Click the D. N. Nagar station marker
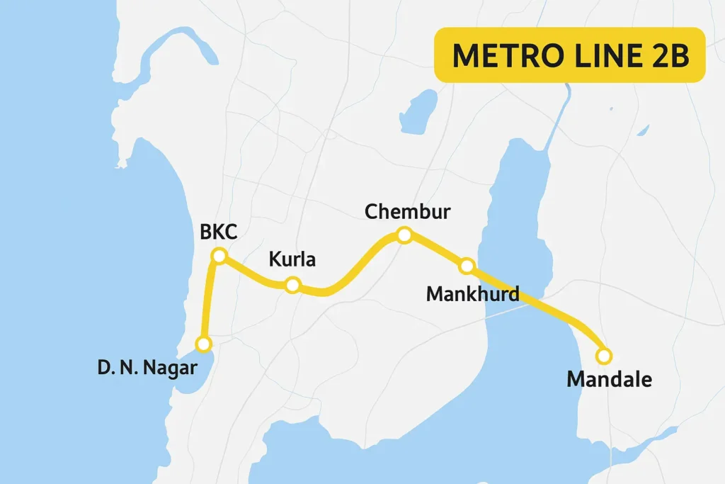(204, 344)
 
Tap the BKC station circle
(219, 256)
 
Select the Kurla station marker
(292, 286)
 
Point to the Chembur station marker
(404, 235)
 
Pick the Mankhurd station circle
(467, 266)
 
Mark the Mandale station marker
(604, 356)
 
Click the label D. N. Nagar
(147, 368)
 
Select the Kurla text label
(292, 260)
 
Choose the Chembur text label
(407, 211)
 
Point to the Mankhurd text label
(472, 293)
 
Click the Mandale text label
(609, 380)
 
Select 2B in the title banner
(669, 55)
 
